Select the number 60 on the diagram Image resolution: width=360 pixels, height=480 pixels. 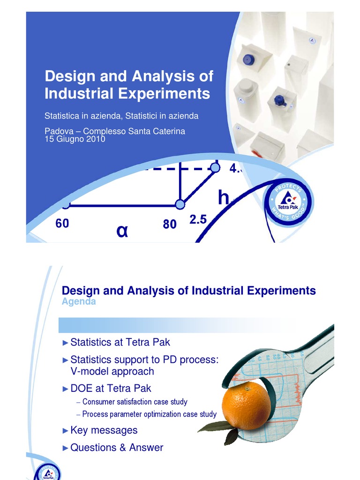click(62, 224)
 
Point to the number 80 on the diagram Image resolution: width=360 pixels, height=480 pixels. click(170, 225)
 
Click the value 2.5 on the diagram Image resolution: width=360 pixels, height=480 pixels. click(198, 219)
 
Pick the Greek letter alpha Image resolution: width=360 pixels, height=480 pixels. click(122, 231)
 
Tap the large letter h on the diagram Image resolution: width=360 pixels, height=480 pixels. click(224, 198)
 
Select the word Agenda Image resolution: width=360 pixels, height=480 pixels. click(79, 301)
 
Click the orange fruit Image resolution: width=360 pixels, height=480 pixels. click(246, 405)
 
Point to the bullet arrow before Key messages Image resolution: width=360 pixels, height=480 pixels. click(65, 430)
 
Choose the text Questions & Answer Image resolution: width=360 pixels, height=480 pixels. click(117, 448)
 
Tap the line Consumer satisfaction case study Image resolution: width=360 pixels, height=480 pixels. click(135, 402)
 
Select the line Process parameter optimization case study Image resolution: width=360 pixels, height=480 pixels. click(149, 414)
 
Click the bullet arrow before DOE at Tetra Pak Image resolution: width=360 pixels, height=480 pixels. click(65, 389)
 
